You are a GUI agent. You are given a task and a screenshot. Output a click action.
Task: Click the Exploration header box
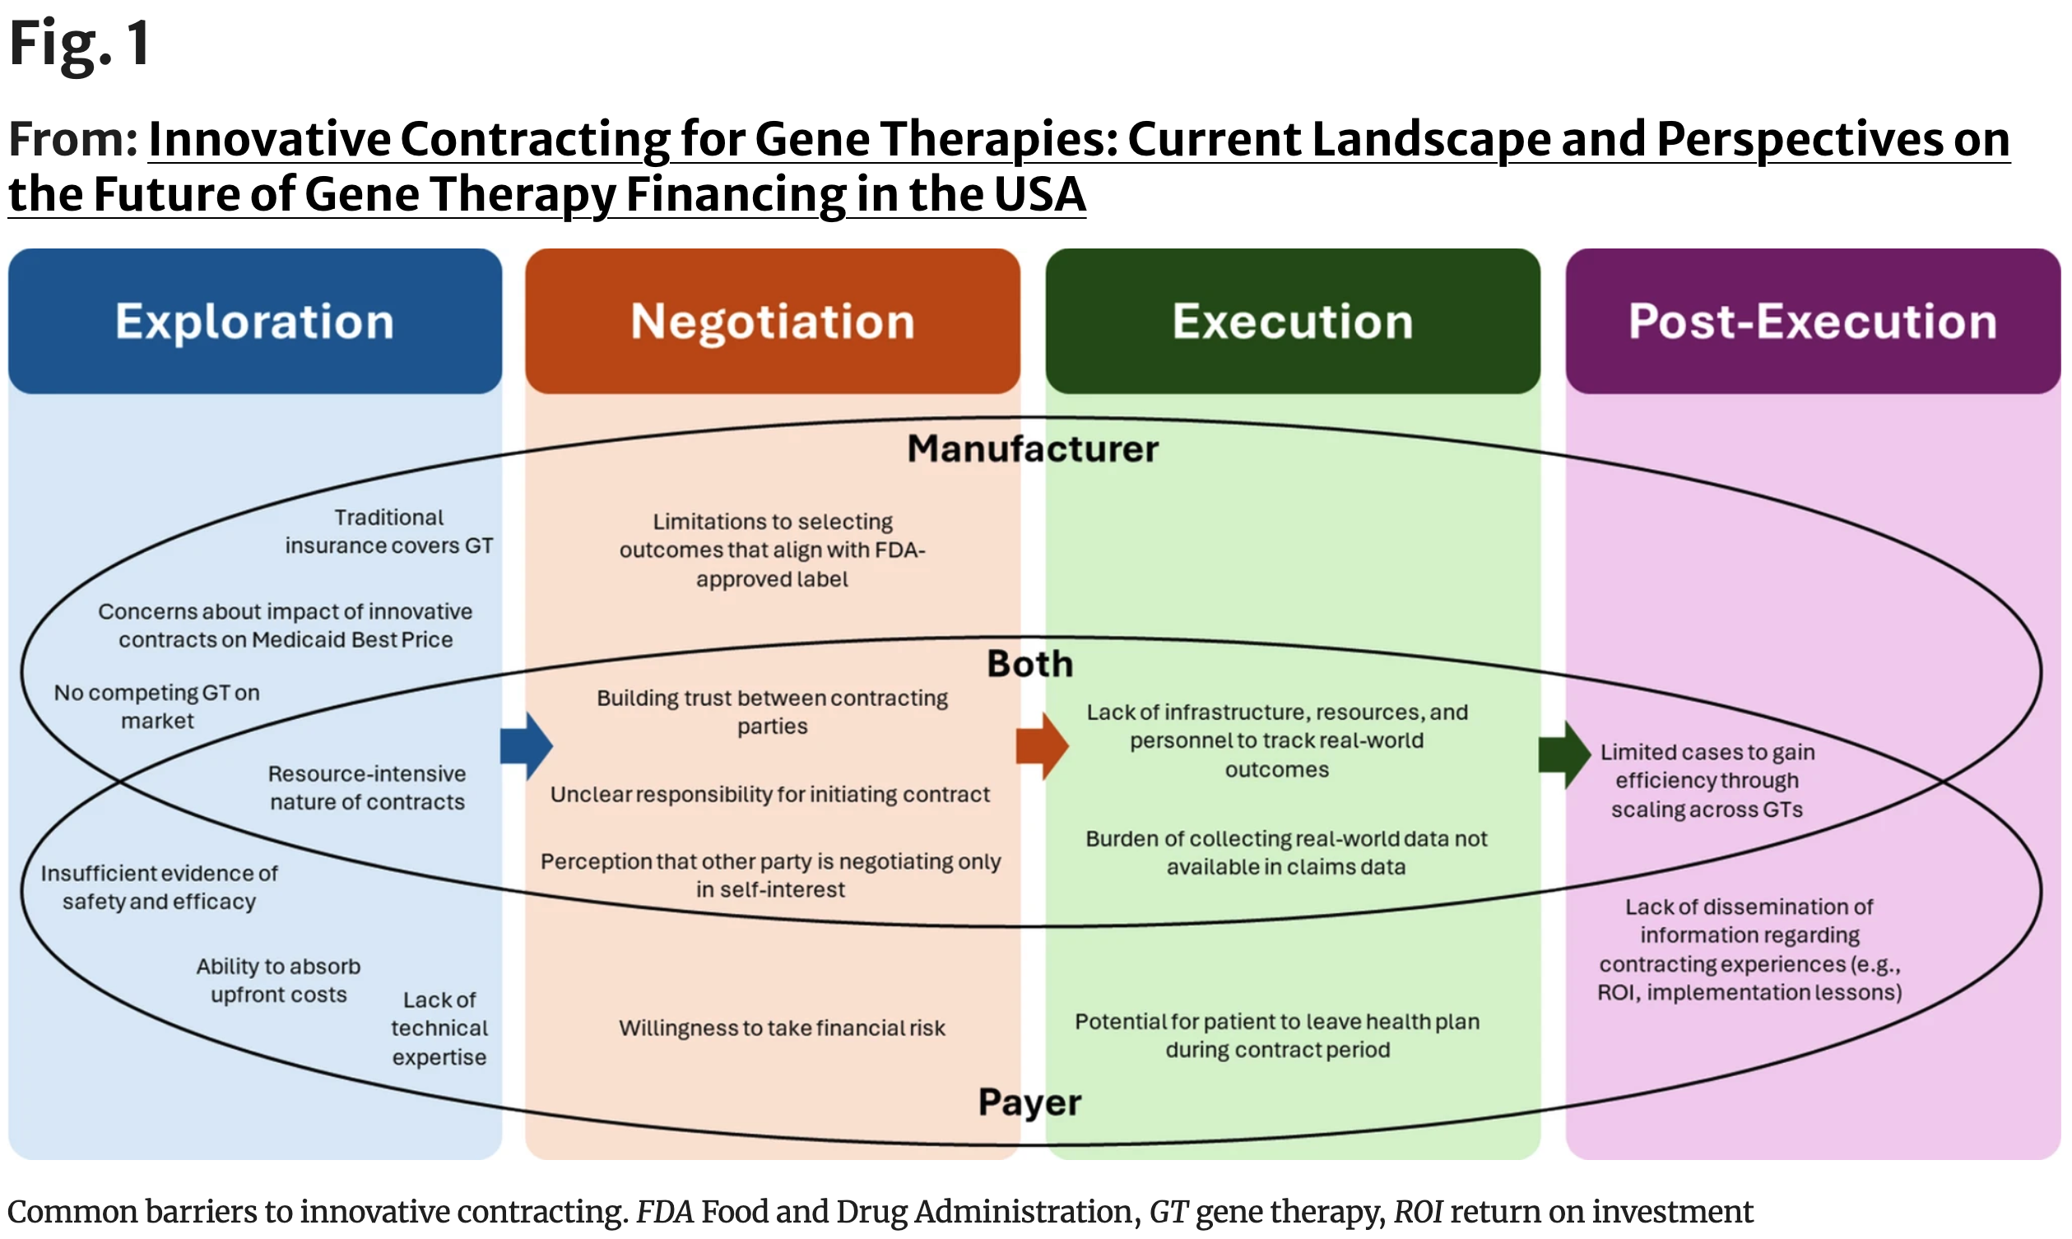tap(254, 322)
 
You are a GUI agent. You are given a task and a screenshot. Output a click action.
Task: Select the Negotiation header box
tap(772, 322)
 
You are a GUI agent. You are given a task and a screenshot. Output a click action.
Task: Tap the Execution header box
tap(1292, 322)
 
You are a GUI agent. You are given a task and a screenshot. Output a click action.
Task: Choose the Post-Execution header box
tap(1812, 322)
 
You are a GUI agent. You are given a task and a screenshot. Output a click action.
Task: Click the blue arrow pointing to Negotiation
tap(527, 745)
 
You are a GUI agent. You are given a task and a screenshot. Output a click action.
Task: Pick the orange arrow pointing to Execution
tap(1042, 745)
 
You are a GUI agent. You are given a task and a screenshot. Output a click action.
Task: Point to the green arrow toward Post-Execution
tap(1563, 754)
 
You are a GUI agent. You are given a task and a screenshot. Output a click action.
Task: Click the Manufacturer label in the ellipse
tap(1033, 449)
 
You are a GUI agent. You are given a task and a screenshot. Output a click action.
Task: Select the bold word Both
tap(1030, 664)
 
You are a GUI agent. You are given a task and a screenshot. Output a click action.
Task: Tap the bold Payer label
tap(1029, 1102)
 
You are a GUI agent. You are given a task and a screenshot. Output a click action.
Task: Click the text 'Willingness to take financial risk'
tap(782, 1028)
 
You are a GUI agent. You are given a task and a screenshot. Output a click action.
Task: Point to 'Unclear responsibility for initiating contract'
tap(769, 794)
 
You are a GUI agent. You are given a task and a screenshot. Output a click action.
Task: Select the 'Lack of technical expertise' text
tap(439, 1028)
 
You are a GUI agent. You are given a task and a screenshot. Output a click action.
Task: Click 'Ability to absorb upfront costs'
tap(278, 980)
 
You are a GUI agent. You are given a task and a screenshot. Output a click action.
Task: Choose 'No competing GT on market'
tap(157, 707)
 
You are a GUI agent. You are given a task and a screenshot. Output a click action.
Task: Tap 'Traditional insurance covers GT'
tap(389, 531)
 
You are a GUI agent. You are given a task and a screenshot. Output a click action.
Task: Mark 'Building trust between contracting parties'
tap(772, 712)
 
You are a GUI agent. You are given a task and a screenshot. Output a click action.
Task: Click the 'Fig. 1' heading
tap(79, 44)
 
